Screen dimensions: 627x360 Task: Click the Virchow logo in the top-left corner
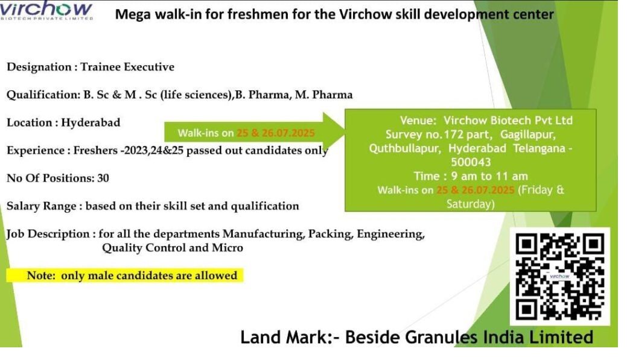point(46,11)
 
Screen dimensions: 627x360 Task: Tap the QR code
point(560,277)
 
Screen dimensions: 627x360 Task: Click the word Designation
point(39,67)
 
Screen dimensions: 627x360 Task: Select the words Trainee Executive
point(127,67)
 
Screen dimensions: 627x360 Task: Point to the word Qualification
point(43,95)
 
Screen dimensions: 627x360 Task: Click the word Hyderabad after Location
point(91,122)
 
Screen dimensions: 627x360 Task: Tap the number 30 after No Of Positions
point(103,178)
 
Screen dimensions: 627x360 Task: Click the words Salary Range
point(41,206)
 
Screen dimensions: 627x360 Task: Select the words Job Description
point(48,234)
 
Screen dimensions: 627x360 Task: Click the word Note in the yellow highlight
point(40,276)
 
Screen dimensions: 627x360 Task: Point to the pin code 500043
point(471,162)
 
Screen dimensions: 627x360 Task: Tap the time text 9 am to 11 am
point(489,176)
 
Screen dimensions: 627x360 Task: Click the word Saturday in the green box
point(470,204)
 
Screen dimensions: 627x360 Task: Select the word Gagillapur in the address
point(528,134)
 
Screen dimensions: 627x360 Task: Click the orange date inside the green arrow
point(276,133)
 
